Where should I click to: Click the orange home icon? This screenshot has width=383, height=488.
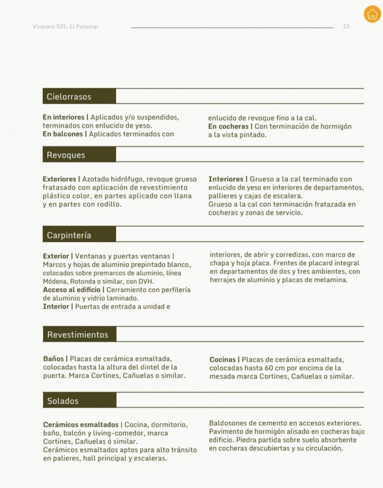(372, 14)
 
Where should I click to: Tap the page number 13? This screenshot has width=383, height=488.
(346, 26)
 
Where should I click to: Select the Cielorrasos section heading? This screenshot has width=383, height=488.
(69, 97)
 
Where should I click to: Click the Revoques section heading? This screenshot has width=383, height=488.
(66, 155)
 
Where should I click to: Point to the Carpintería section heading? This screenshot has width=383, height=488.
(69, 235)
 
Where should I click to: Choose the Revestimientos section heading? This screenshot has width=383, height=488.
(78, 334)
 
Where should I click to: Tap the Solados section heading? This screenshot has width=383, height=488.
(63, 401)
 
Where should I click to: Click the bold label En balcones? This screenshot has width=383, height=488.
(63, 134)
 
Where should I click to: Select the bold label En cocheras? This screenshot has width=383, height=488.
(228, 126)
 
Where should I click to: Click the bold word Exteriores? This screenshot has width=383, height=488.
(59, 179)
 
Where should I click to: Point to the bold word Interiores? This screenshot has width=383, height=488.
(226, 179)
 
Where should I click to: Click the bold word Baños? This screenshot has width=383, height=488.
(53, 359)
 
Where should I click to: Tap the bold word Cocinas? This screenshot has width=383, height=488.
(223, 360)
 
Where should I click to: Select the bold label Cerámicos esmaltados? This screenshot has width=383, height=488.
(81, 425)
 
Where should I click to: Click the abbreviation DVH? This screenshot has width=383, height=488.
(146, 281)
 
